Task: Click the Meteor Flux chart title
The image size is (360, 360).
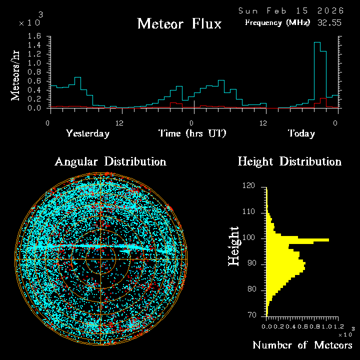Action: [x=179, y=24]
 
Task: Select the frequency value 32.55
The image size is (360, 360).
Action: [x=329, y=22]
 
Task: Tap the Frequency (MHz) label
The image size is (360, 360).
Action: [x=277, y=22]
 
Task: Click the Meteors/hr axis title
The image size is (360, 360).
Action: [x=16, y=75]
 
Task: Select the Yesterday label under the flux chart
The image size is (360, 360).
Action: [x=87, y=133]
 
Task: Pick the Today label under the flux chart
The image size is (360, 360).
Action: [x=301, y=133]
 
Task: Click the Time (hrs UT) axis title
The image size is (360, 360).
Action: [x=192, y=133]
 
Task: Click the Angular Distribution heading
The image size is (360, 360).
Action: [x=110, y=161]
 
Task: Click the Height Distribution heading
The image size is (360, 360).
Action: [x=289, y=161]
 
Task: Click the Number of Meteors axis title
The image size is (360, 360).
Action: [x=302, y=345]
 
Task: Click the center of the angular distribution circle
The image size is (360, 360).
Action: [x=101, y=259]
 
